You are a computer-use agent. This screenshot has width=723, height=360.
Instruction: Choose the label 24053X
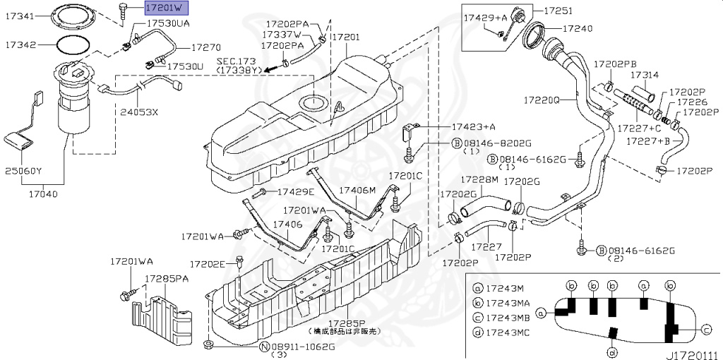click(x=139, y=112)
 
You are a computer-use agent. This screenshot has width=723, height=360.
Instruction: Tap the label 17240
click(x=577, y=29)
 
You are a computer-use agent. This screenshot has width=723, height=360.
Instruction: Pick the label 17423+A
click(x=474, y=127)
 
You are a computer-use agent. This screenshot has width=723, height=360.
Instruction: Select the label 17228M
click(x=480, y=181)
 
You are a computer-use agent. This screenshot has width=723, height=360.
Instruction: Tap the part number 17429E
click(x=295, y=191)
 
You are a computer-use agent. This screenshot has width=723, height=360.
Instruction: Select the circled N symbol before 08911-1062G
click(x=263, y=347)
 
